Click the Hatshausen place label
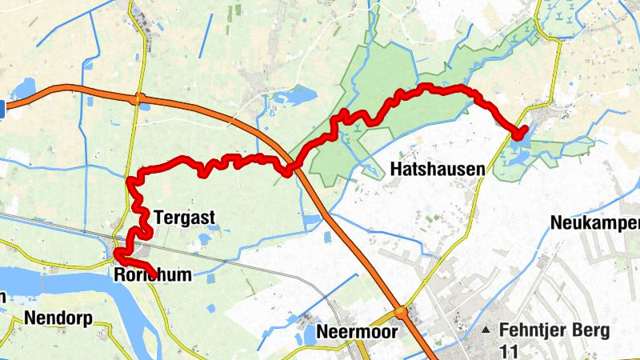click(x=438, y=169)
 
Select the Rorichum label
click(x=153, y=275)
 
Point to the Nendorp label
click(x=58, y=318)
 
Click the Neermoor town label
click(x=357, y=331)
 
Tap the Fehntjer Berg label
click(x=554, y=330)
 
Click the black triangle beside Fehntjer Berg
click(x=486, y=330)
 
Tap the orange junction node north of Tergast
click(x=139, y=99)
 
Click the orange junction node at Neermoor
click(x=400, y=311)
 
